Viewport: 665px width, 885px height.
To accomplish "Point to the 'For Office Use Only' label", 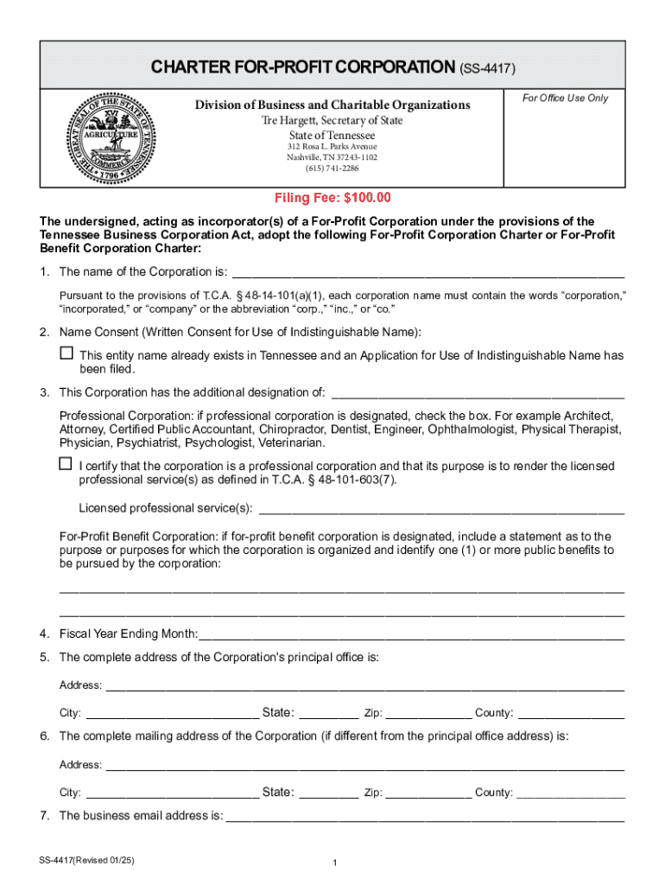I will (565, 98).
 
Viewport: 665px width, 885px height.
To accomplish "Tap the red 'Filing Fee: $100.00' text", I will (332, 198).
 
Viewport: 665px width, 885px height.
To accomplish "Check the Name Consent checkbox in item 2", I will (66, 353).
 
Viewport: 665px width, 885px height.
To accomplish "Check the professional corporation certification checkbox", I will (66, 464).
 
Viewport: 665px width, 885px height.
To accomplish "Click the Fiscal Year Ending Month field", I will (411, 633).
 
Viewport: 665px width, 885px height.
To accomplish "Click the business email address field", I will (424, 815).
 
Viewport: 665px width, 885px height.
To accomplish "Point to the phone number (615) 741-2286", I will (332, 169).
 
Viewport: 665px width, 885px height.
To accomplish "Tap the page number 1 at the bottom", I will (333, 863).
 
